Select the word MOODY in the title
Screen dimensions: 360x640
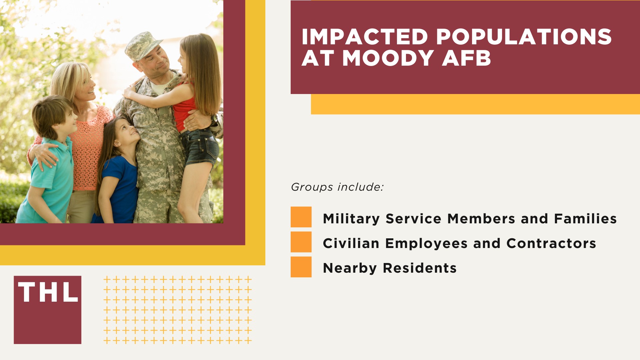click(388, 58)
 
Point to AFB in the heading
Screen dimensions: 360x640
click(466, 58)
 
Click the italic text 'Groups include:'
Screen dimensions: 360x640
click(337, 187)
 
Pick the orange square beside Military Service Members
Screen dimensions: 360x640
click(301, 217)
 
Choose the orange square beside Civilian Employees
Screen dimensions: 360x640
click(301, 242)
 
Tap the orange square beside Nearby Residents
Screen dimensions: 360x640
click(301, 267)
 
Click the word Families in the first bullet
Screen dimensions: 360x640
click(585, 219)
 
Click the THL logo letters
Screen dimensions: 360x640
click(48, 292)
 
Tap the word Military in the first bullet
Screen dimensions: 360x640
click(351, 219)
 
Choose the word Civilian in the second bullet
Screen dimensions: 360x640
click(351, 243)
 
